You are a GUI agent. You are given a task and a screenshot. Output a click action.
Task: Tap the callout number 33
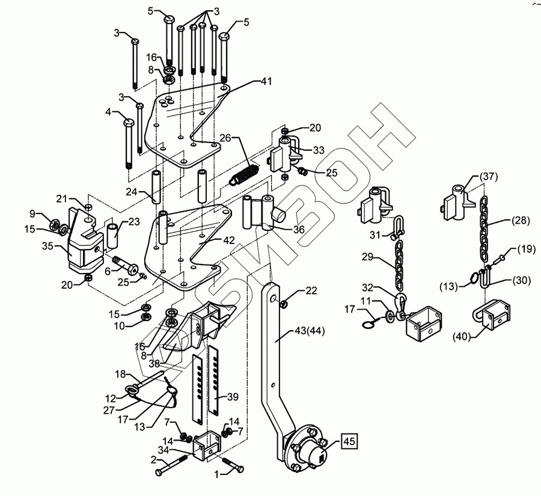point(320,150)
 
